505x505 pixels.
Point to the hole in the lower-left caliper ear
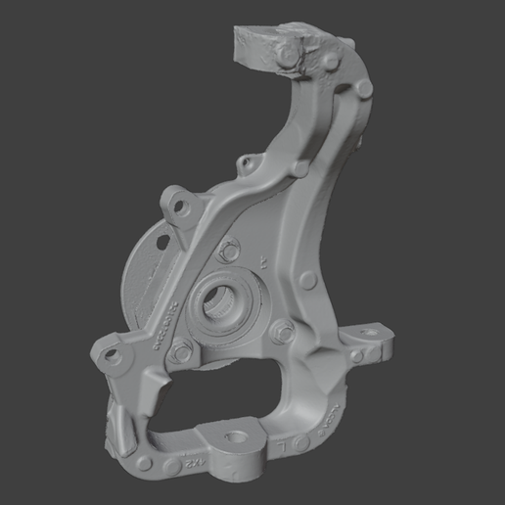point(111,352)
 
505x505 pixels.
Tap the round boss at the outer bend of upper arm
point(364,89)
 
